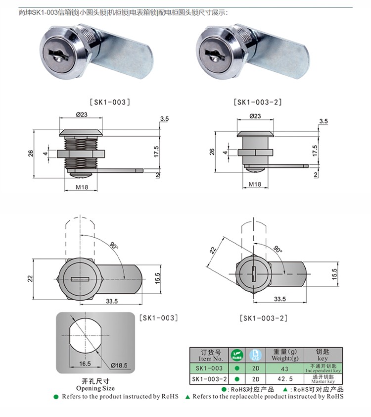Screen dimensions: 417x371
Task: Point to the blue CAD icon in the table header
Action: [x=255, y=354]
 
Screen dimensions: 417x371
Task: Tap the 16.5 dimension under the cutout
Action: [x=83, y=363]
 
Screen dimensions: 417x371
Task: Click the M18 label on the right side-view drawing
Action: [x=255, y=184]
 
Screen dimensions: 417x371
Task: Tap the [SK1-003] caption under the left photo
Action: [x=110, y=102]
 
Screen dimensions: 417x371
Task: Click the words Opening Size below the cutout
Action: [x=95, y=389]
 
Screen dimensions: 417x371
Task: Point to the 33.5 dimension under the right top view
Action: [x=280, y=299]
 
